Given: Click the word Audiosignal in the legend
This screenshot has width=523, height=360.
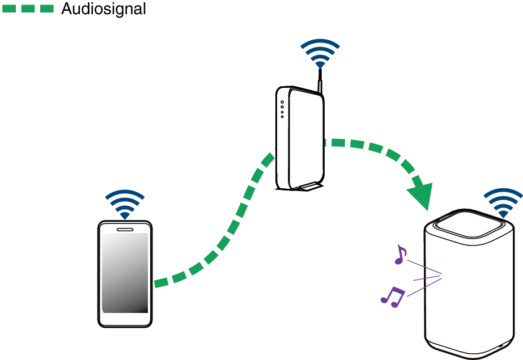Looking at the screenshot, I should tap(103, 9).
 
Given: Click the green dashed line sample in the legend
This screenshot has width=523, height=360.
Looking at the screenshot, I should tap(29, 9).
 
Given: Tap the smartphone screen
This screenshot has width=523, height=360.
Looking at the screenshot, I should tap(125, 272).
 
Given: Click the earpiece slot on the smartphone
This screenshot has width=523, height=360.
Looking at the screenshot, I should tap(125, 230).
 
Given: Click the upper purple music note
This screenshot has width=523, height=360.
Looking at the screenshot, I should tap(401, 255).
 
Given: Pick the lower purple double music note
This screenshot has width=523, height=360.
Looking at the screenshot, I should tap(392, 296).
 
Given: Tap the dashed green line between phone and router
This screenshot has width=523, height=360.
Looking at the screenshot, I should tap(227, 232).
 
